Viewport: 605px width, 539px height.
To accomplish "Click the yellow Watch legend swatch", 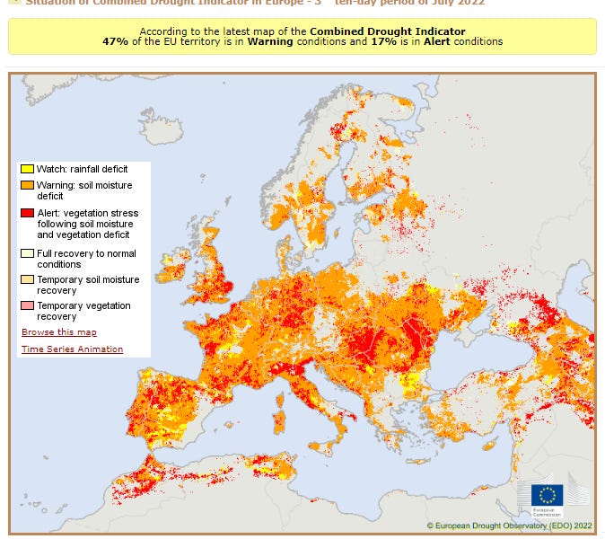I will click(28, 169).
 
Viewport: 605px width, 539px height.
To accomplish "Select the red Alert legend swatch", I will click(28, 213).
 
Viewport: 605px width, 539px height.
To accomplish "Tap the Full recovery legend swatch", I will click(28, 254).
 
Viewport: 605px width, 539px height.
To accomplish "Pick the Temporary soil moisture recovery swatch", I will click(28, 280).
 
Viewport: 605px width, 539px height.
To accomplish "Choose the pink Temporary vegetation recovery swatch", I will click(28, 306).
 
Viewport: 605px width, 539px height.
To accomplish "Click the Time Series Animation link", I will click(72, 349).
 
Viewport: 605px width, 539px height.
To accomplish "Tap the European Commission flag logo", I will click(547, 494).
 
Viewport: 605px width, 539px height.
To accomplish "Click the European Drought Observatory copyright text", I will click(509, 526).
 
